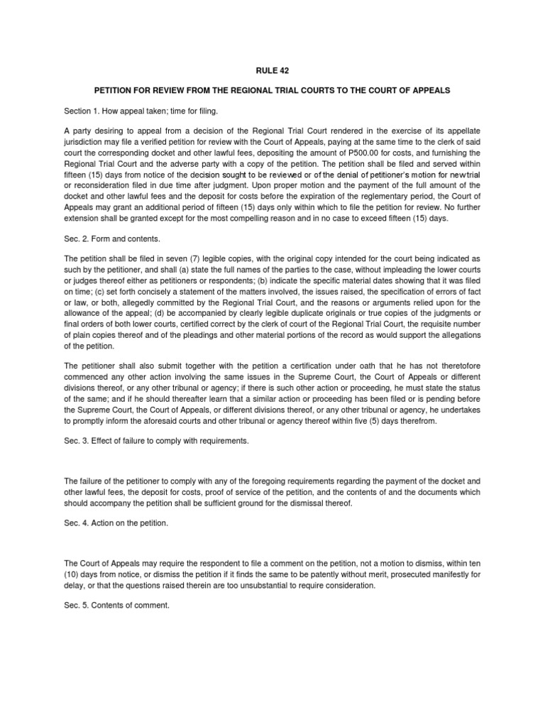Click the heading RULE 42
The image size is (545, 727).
point(272,70)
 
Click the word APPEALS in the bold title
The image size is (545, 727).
point(431,92)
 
